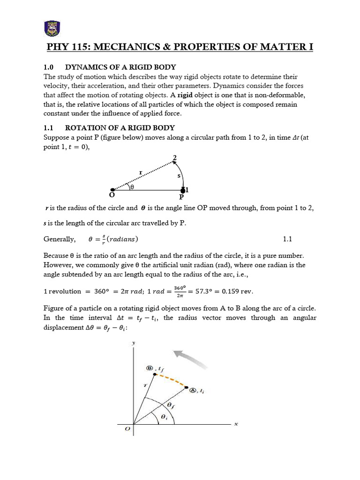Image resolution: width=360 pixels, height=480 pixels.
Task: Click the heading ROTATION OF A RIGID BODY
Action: (120, 127)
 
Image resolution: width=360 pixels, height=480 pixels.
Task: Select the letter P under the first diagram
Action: (182, 197)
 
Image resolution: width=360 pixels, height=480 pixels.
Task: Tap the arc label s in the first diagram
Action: (179, 175)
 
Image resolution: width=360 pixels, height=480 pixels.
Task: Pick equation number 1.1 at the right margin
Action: (288, 239)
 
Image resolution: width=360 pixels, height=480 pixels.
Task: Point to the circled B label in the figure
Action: (150, 368)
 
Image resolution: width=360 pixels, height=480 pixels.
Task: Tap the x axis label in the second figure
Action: (236, 424)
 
